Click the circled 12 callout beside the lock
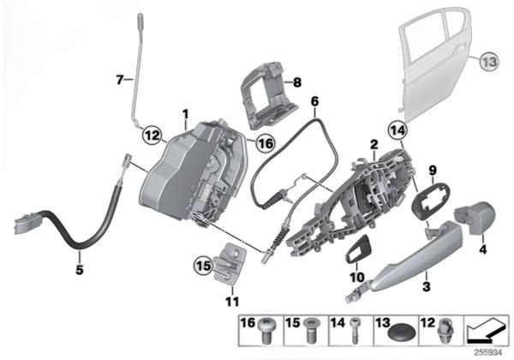point(152,135)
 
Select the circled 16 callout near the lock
point(265,143)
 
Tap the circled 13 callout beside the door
point(489,62)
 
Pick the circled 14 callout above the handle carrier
point(397,130)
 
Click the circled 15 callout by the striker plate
point(203,266)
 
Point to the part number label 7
point(120,80)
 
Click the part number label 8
point(297,82)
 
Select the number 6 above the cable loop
point(314,102)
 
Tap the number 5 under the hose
point(80,270)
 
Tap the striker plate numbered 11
point(230,261)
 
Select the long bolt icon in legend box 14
point(354,331)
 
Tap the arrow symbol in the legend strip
point(487,331)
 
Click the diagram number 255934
point(488,353)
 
